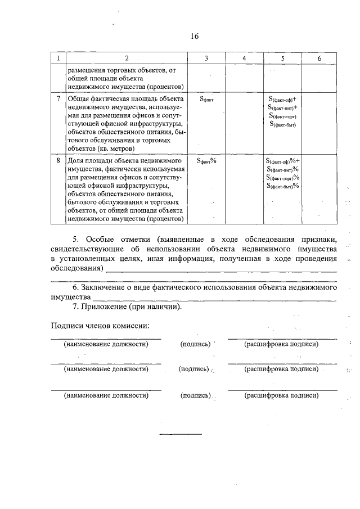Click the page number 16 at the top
pyautogui.click(x=195, y=37)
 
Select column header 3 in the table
pyautogui.click(x=206, y=58)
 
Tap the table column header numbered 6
pyautogui.click(x=319, y=58)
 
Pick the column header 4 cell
pyautogui.click(x=244, y=58)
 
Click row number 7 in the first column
pyautogui.click(x=58, y=98)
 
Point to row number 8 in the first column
pyautogui.click(x=58, y=160)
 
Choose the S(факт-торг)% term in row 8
pyautogui.click(x=283, y=177)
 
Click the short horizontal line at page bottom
pyautogui.click(x=181, y=434)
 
